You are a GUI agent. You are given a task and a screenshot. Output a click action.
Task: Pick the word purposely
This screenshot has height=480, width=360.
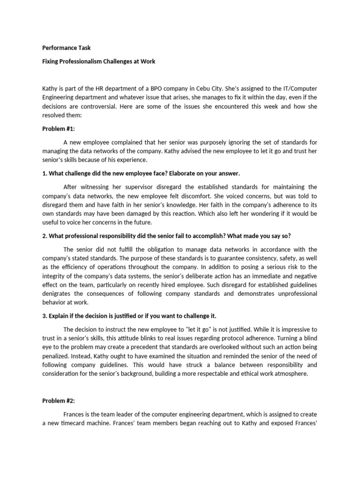coord(203,142)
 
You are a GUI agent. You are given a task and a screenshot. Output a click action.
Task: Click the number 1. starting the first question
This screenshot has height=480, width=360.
coord(45,173)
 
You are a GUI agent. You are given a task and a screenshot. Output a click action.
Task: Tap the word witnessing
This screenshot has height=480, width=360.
coord(98,187)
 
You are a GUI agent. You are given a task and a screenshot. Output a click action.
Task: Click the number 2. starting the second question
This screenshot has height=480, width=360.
coord(45,236)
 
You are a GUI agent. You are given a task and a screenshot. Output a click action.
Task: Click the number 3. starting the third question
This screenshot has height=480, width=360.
coord(45,315)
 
